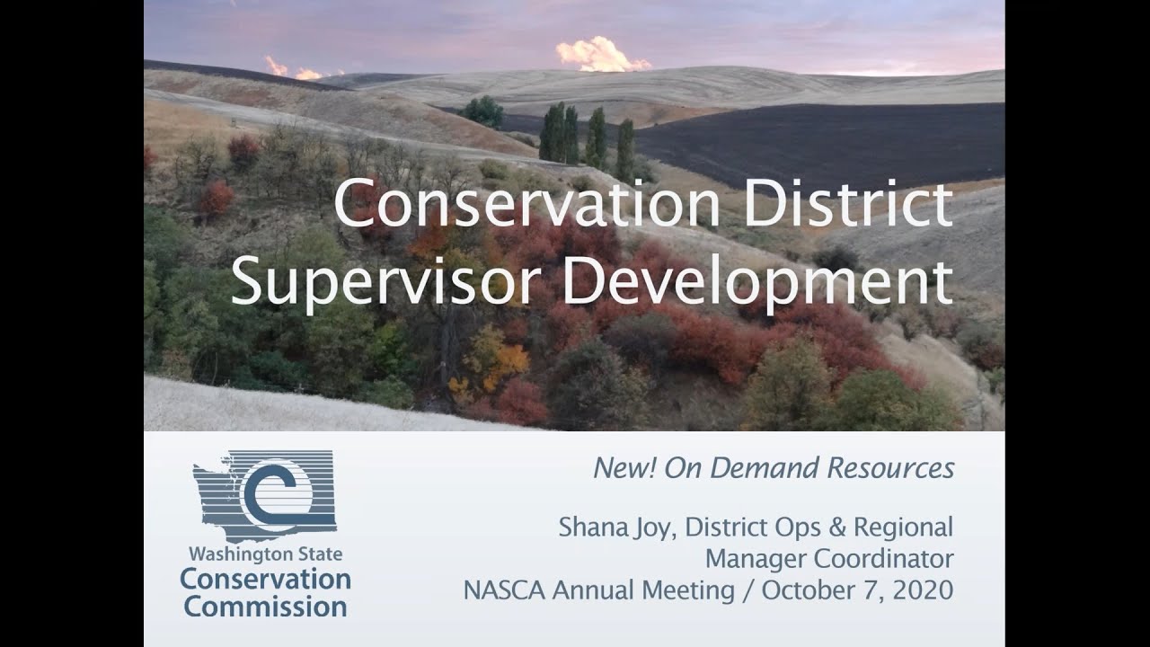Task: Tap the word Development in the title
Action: coord(757,281)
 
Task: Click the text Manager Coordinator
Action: coord(828,558)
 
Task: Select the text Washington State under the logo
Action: coord(265,554)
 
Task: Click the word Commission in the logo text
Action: coord(265,607)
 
